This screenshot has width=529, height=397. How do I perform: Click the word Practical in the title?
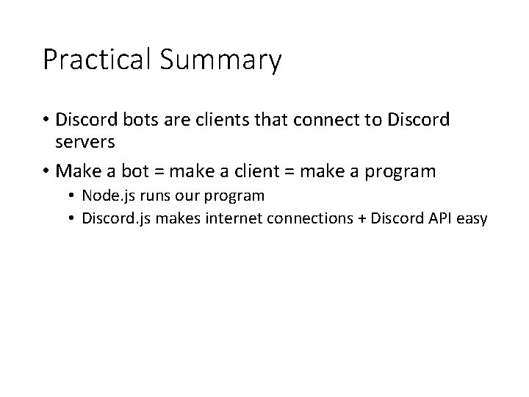click(x=97, y=59)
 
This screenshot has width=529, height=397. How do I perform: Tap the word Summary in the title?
click(x=220, y=61)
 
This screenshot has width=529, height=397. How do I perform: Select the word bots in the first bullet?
click(x=140, y=119)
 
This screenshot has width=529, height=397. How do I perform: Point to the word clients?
click(x=223, y=119)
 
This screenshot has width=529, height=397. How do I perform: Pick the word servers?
click(x=85, y=142)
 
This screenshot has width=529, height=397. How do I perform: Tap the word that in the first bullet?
click(x=272, y=119)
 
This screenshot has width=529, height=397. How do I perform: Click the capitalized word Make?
click(x=79, y=171)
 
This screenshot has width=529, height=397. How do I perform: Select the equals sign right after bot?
click(x=159, y=171)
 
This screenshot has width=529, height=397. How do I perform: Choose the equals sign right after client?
click(x=289, y=171)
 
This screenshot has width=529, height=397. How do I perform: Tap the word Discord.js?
click(x=116, y=219)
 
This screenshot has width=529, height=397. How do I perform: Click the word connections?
click(x=310, y=218)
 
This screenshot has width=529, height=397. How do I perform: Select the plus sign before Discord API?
click(x=361, y=219)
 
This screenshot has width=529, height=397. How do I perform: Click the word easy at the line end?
click(x=472, y=220)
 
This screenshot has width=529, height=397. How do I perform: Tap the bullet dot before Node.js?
click(x=71, y=196)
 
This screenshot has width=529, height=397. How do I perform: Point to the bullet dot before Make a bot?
click(x=46, y=170)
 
